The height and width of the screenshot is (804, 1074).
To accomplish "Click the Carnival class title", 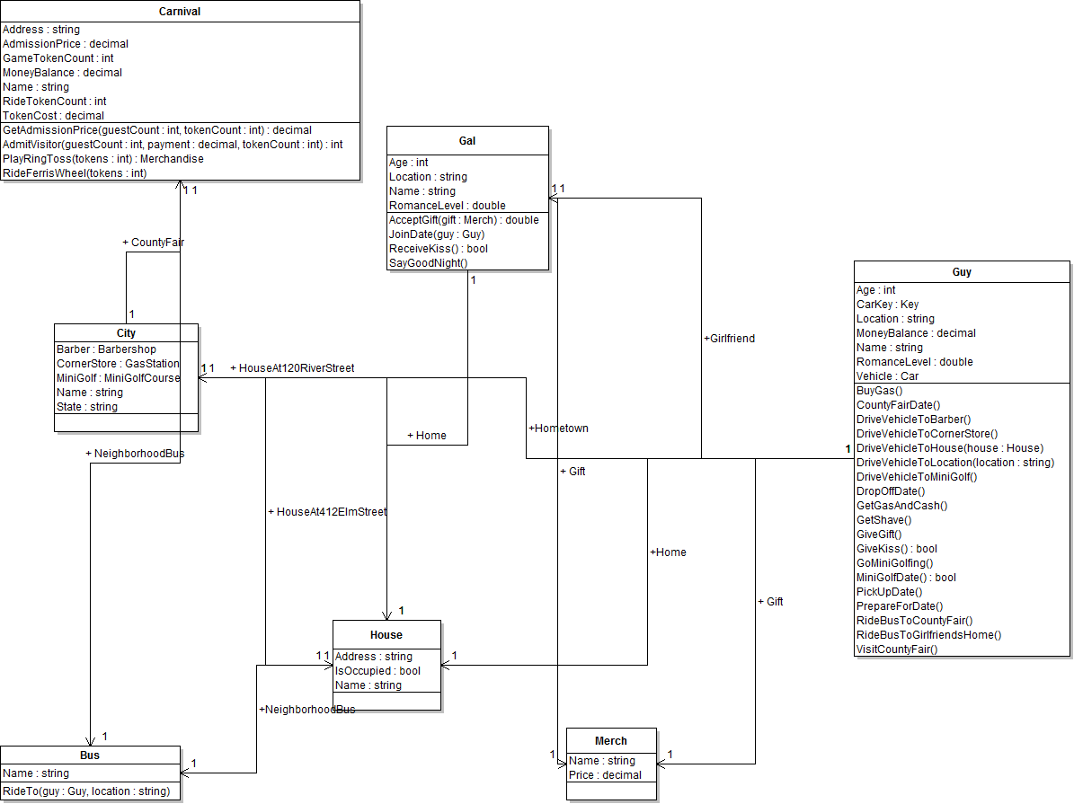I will point(180,12).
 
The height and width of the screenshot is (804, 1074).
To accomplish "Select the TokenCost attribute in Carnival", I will point(53,116).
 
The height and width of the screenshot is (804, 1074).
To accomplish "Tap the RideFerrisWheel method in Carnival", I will point(75,173).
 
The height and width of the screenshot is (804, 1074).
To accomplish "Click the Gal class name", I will point(467,141).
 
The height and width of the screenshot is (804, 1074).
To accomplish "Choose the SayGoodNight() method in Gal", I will point(429,263).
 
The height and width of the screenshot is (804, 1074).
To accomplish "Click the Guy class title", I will point(962,272).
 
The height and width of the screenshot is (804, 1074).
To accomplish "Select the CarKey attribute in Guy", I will point(888,305).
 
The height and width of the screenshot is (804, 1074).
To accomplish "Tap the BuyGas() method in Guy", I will point(880,391).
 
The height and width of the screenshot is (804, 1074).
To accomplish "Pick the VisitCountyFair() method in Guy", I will point(897,649).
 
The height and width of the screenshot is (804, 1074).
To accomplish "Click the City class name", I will point(126,333).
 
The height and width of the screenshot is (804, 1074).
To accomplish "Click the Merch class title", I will point(611,741).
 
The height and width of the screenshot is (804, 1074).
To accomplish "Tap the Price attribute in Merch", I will point(605,775).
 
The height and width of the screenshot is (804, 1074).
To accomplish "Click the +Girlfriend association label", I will point(729,339).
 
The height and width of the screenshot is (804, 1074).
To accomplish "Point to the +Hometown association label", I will point(559,429).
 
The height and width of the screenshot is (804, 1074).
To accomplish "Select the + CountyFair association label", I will point(153,243).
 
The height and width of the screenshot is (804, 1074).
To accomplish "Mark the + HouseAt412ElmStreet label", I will point(327,512).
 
